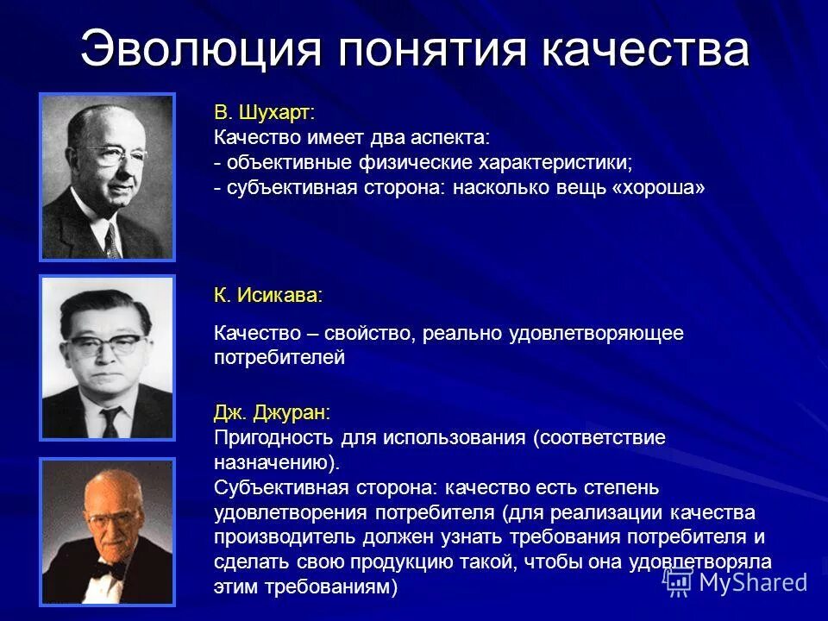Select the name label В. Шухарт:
pyautogui.click(x=264, y=112)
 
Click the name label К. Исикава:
pyautogui.click(x=268, y=295)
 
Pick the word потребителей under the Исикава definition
pyautogui.click(x=279, y=358)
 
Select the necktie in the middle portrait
pyautogui.click(x=110, y=420)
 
